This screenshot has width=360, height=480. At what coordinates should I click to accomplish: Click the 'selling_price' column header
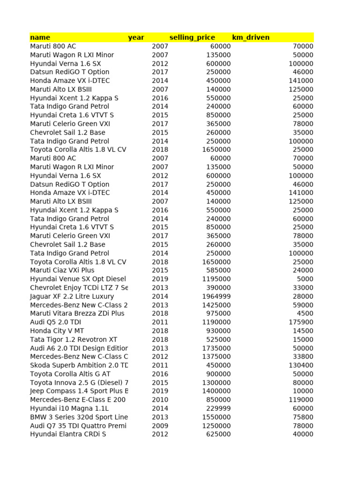[x=192, y=37]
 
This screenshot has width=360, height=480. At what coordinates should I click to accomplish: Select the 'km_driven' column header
[x=251, y=37]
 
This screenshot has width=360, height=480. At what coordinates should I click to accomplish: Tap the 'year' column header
[x=136, y=37]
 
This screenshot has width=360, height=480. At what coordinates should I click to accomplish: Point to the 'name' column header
[x=40, y=37]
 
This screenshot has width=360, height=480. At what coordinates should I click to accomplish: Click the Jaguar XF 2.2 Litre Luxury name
[x=72, y=296]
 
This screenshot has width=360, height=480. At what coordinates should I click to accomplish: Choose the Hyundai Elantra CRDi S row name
[x=68, y=434]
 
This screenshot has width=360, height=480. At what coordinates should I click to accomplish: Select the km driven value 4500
[x=305, y=314]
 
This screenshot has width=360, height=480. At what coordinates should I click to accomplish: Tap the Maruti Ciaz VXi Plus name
[x=62, y=270]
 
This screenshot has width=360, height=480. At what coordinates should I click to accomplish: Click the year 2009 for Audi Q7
[x=160, y=426]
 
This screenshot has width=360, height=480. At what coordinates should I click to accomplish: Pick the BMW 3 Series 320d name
[x=79, y=417]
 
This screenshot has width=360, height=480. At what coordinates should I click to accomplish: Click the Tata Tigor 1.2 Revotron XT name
[x=74, y=339]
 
